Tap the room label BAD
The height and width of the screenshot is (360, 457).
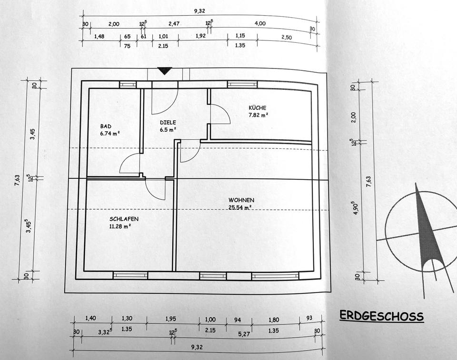(105, 126)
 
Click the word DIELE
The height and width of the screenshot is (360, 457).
(168, 122)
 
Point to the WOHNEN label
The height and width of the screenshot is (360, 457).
(241, 200)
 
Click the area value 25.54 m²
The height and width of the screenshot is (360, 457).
(240, 207)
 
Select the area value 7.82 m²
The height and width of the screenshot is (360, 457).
(258, 115)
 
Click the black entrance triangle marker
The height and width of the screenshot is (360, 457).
(165, 71)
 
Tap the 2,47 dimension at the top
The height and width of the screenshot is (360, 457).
(176, 24)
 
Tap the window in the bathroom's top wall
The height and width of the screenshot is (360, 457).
(128, 84)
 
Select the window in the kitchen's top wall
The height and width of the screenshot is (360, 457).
(242, 84)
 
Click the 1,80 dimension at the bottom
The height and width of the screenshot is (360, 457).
(274, 319)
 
